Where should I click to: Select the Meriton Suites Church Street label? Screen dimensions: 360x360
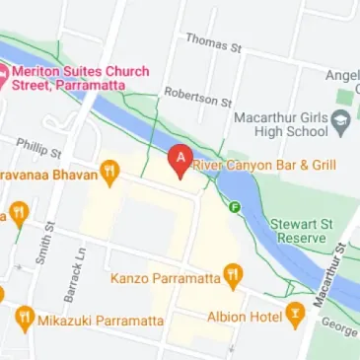(x=79, y=78)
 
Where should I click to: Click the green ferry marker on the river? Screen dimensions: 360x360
(x=235, y=207)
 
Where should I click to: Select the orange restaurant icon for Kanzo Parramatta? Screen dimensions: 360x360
(x=233, y=275)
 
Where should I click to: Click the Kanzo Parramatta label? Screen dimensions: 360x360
(x=165, y=276)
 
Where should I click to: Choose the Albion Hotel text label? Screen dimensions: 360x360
(x=245, y=317)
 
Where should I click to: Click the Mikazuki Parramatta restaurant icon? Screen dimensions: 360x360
(x=25, y=319)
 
